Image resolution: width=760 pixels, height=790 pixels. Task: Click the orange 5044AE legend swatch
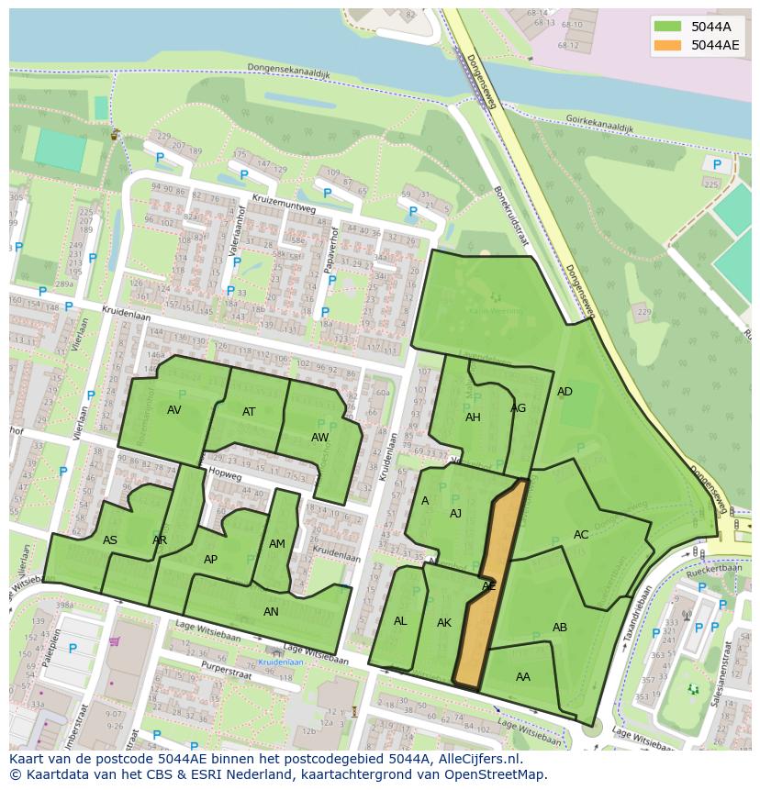(668, 45)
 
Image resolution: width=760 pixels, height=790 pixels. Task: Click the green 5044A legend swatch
(668, 27)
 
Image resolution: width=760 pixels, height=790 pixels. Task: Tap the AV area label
(174, 410)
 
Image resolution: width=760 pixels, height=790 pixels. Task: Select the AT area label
(249, 412)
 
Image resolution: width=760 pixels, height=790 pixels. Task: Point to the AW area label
(319, 438)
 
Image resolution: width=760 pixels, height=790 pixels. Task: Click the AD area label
(564, 392)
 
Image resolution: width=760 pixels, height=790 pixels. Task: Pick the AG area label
(519, 408)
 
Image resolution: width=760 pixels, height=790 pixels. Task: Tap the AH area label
(473, 417)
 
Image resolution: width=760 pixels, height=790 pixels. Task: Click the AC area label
(581, 535)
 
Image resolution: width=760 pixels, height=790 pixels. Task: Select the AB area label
(560, 628)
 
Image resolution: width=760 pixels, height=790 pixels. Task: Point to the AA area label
(523, 677)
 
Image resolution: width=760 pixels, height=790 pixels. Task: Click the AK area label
(444, 623)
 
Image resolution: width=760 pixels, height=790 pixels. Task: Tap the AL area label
(400, 621)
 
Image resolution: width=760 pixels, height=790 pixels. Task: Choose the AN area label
(271, 612)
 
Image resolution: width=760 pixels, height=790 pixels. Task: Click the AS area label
(110, 540)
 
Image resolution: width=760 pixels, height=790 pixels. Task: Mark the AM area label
(277, 544)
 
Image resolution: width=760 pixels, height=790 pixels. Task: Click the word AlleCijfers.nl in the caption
(475, 760)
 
